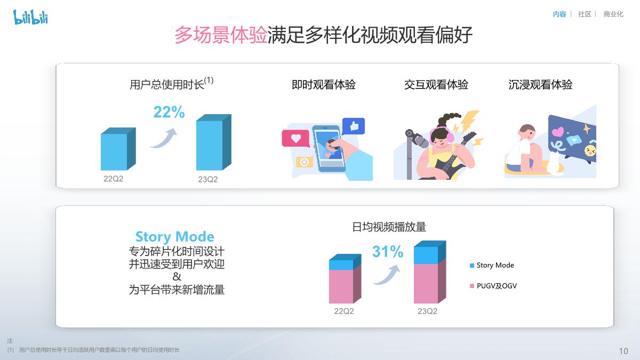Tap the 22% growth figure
pos(169,113)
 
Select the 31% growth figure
pos(387,252)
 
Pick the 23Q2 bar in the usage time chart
pos(210,145)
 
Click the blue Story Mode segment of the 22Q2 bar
pos(341,265)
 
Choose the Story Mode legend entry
pos(494,265)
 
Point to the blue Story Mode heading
pos(174,237)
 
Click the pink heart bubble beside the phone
pos(295,139)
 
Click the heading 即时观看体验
pos(323,85)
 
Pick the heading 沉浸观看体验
pos(540,85)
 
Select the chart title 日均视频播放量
pos(389,227)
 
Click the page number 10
pos(623,351)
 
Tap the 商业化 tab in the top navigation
pos(613,14)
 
